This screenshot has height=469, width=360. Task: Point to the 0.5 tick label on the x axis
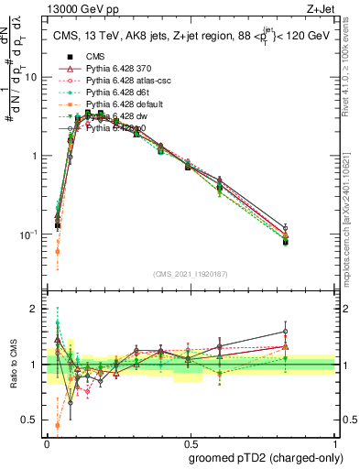(190, 442)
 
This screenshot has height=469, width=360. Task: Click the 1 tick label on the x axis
(333, 442)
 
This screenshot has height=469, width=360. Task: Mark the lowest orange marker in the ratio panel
(58, 425)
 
